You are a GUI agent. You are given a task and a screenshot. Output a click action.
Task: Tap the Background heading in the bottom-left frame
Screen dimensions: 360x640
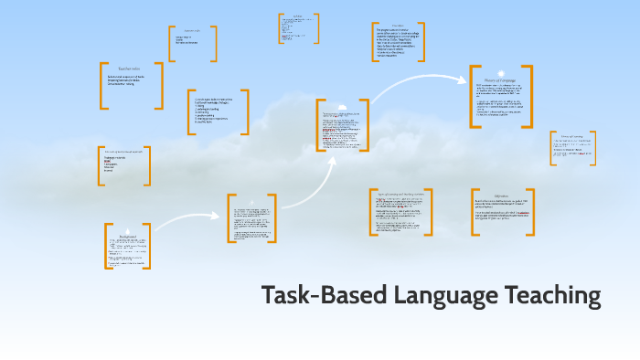click(x=128, y=235)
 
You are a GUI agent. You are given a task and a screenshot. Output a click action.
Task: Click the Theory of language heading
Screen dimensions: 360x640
click(x=501, y=80)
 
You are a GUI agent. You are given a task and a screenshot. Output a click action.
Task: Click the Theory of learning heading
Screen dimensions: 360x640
click(x=571, y=136)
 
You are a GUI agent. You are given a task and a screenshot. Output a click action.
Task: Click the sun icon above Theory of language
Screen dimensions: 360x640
click(x=501, y=70)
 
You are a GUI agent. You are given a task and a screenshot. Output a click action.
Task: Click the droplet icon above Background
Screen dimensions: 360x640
click(x=128, y=228)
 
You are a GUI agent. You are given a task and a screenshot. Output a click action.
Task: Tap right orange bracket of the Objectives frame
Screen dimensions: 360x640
click(x=532, y=212)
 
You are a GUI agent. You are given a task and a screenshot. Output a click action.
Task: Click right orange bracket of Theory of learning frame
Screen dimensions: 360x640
click(x=593, y=148)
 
